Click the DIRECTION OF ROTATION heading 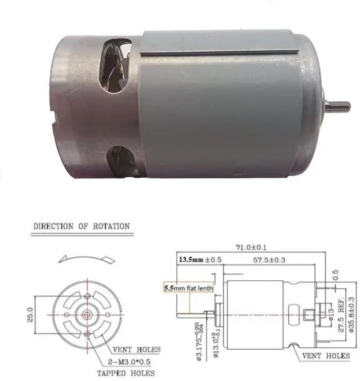pyautogui.click(x=82, y=227)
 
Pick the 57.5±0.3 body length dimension pyautogui.click(x=274, y=261)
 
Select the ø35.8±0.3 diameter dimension pyautogui.click(x=351, y=315)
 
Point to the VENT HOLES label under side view pyautogui.click(x=326, y=356)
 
